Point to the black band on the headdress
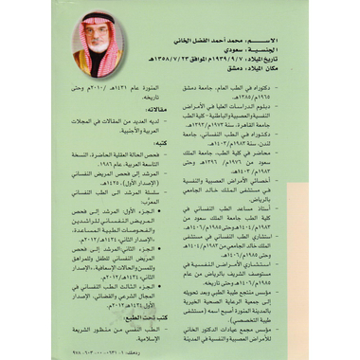pyautogui.click(x=96, y=20)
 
